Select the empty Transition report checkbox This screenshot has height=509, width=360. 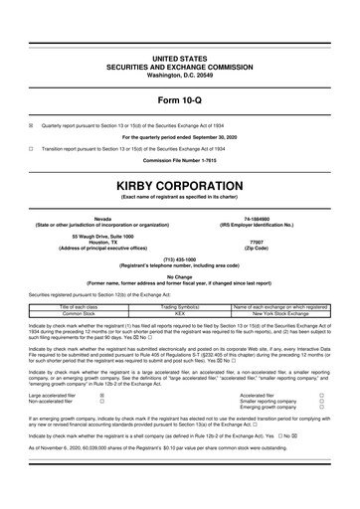31,146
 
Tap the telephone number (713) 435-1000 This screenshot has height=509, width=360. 180,257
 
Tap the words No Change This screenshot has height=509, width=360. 180,275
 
